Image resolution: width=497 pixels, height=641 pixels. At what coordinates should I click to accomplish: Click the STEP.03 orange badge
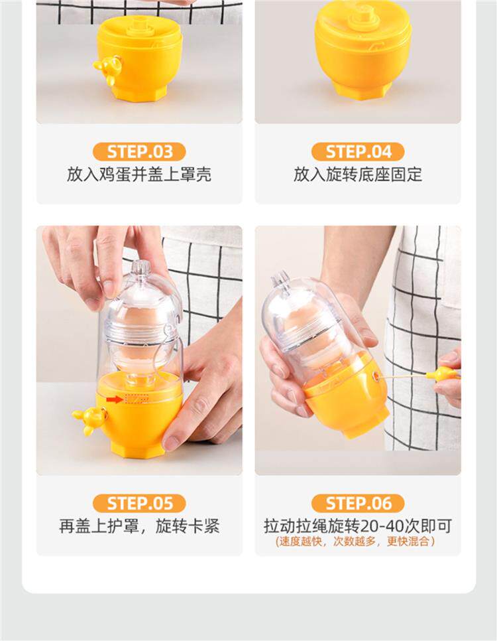click(139, 152)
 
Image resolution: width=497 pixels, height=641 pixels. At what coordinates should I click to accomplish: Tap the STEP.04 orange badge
click(358, 152)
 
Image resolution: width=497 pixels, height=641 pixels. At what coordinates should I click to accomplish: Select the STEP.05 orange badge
click(139, 503)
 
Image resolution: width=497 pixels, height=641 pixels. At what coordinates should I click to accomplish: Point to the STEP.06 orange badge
click(358, 503)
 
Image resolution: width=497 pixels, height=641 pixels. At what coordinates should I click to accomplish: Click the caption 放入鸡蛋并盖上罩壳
click(139, 175)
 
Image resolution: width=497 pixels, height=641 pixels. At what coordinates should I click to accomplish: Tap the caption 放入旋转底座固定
click(358, 175)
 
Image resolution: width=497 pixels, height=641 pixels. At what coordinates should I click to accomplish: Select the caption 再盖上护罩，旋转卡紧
click(139, 526)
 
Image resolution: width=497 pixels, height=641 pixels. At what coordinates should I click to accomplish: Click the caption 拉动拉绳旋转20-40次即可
click(358, 526)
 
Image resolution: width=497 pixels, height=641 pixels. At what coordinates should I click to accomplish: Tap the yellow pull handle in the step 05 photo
click(90, 419)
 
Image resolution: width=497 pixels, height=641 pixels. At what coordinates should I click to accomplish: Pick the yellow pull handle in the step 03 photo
click(107, 70)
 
